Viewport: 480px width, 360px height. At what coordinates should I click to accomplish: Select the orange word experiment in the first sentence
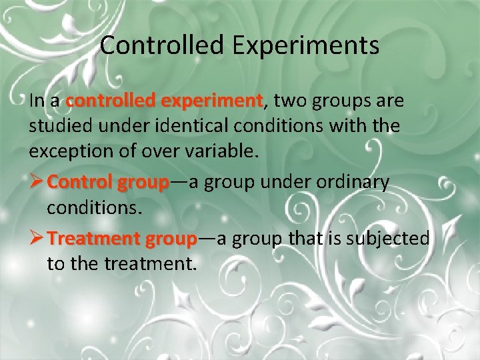tap(213, 101)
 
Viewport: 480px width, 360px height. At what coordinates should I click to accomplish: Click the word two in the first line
tap(288, 101)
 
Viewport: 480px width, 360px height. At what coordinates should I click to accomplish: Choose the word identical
tap(189, 126)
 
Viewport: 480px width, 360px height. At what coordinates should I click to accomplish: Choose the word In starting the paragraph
tap(37, 101)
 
